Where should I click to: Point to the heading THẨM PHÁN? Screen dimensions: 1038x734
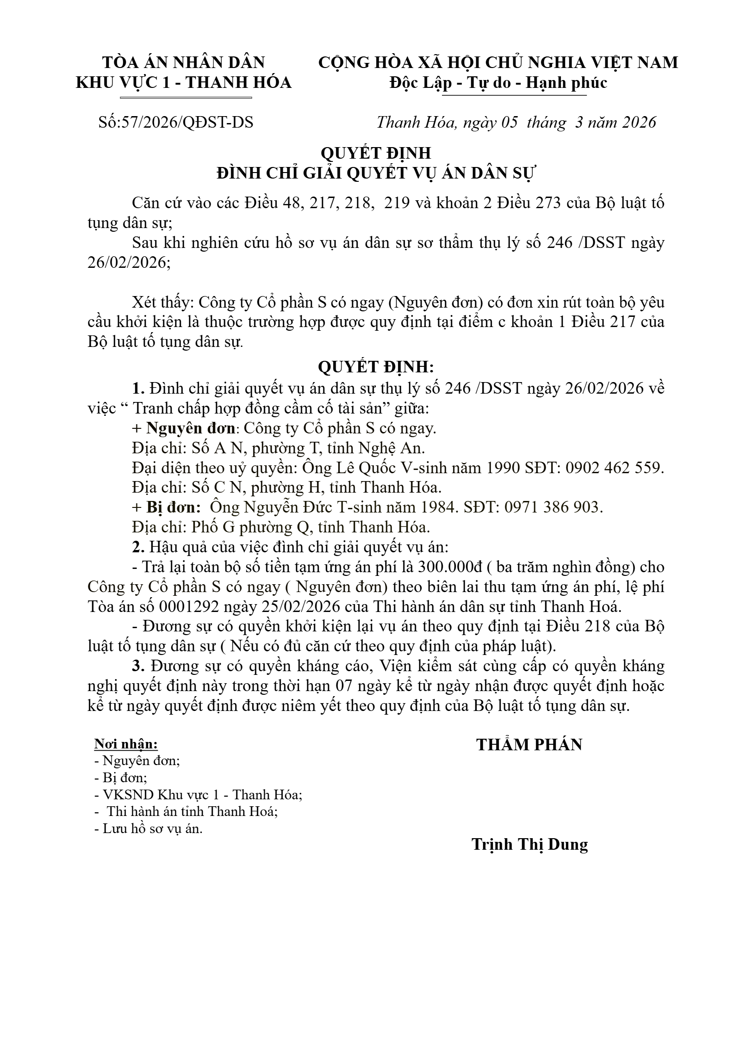[x=529, y=745]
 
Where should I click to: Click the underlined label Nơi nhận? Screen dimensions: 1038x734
[x=126, y=744]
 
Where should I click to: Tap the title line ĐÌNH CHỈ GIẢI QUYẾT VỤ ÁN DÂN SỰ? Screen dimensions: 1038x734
[x=376, y=173]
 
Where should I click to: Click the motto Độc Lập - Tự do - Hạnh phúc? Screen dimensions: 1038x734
[x=498, y=82]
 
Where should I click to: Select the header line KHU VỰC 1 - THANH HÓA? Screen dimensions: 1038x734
[x=183, y=82]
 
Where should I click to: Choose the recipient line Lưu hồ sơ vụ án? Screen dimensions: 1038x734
[x=149, y=828]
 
